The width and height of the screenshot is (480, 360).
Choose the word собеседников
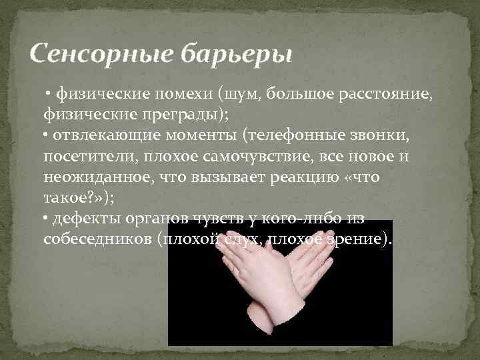(x=97, y=240)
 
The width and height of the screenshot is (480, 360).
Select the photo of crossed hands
(x=280, y=287)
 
